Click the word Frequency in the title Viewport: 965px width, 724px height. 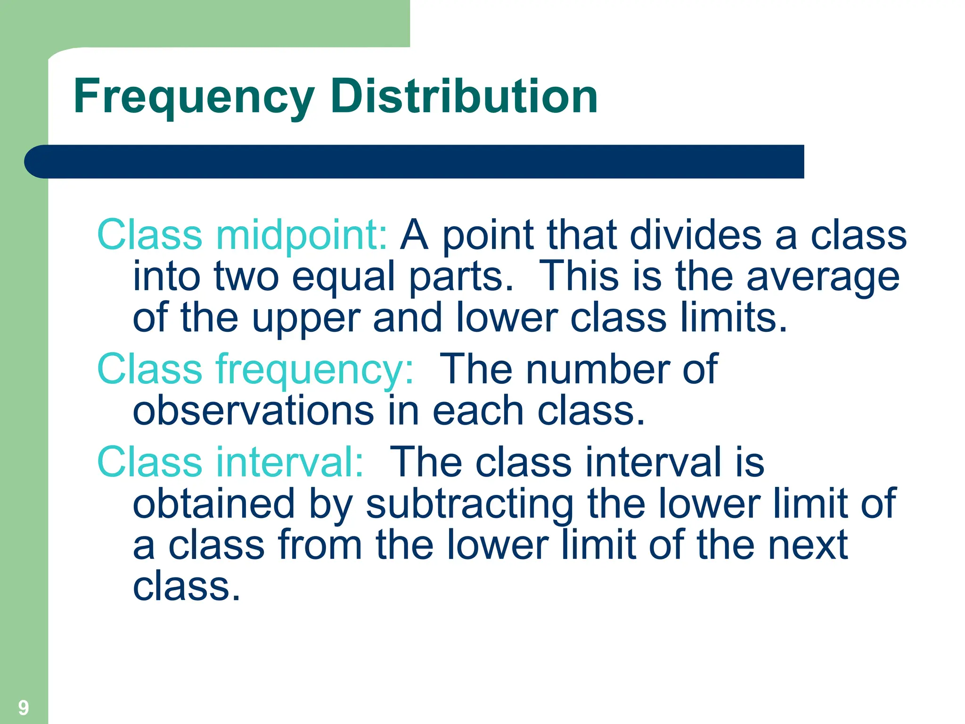coord(194,97)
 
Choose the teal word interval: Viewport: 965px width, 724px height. coord(289,462)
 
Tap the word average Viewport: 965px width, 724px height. coord(823,277)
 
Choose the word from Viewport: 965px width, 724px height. coord(320,545)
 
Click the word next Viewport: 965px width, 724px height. coord(808,545)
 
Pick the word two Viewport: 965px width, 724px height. coord(246,277)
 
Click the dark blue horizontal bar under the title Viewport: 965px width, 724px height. coord(415,162)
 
